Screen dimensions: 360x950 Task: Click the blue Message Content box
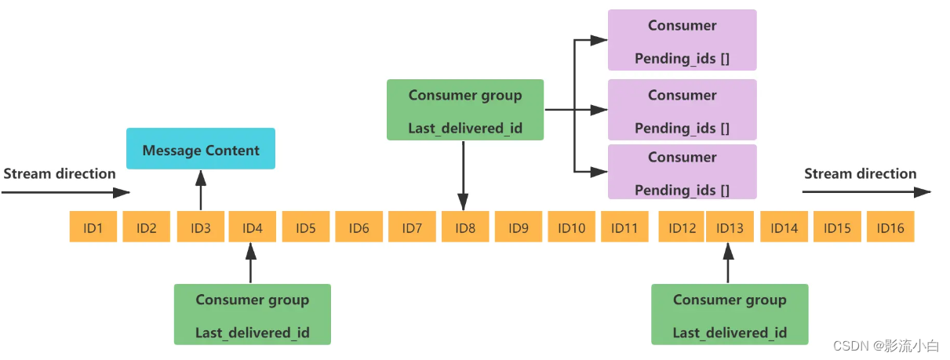click(201, 150)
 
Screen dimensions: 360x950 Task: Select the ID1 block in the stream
click(93, 227)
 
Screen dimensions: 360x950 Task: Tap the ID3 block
click(201, 227)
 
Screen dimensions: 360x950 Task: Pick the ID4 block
click(252, 227)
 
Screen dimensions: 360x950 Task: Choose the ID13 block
click(730, 227)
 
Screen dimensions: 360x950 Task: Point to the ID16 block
click(890, 227)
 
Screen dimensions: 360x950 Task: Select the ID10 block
click(571, 227)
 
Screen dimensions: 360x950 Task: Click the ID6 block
click(359, 227)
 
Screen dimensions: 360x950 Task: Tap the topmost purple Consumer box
click(682, 41)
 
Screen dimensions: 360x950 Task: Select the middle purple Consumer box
click(682, 111)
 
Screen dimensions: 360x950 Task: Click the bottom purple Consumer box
click(682, 173)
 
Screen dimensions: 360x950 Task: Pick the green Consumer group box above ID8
click(464, 111)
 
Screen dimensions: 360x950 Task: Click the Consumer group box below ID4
click(252, 315)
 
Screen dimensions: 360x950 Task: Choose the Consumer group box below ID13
click(730, 315)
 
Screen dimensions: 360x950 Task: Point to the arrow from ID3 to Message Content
click(201, 191)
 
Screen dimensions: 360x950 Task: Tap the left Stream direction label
click(60, 173)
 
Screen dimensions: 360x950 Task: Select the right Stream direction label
click(860, 173)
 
